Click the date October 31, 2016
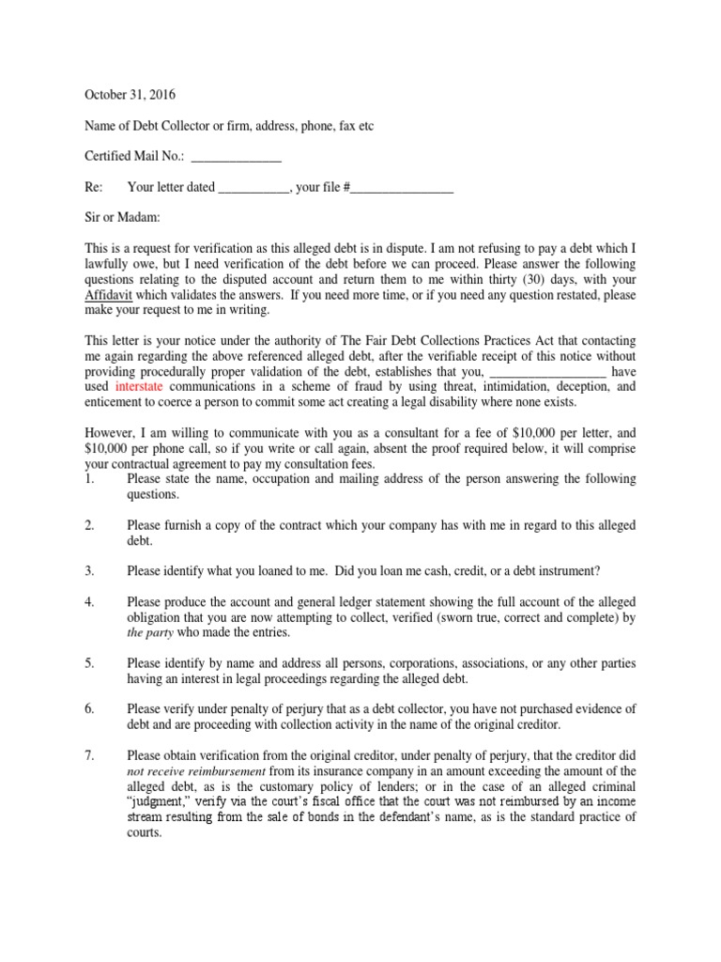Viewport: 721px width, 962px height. pos(130,95)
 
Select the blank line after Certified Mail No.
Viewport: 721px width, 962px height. pos(236,156)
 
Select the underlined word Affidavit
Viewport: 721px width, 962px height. pos(110,294)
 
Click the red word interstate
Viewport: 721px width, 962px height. pos(144,386)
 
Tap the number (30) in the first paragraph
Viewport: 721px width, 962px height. pos(509,279)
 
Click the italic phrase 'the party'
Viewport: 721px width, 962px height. pos(148,632)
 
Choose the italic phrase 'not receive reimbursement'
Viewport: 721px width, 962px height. pos(194,771)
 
